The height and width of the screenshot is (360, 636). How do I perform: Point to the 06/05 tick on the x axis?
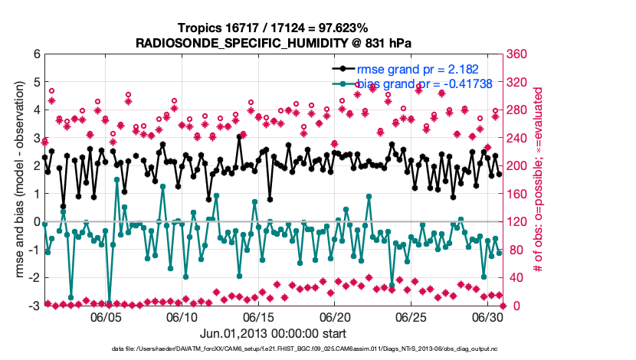107,316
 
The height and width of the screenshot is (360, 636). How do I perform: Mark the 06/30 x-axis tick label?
487,316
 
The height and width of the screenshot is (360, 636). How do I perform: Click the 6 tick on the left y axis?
35,54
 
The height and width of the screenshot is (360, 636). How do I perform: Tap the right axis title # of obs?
539,180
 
